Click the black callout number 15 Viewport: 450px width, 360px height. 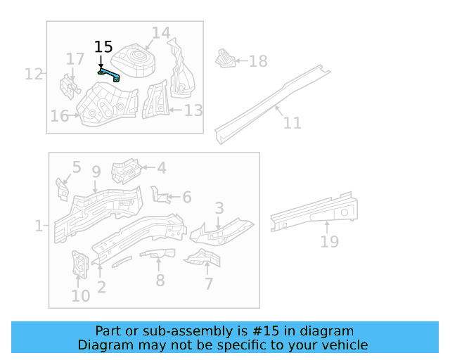103,47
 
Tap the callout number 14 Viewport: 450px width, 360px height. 161,32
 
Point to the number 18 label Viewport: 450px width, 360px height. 258,61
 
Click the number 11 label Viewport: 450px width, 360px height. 292,123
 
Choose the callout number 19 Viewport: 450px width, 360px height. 329,242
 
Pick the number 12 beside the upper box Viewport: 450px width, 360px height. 33,73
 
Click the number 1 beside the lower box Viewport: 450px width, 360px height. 38,226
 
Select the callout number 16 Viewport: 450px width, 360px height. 60,116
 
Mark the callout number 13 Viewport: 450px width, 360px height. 193,110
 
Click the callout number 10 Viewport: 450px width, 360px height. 80,295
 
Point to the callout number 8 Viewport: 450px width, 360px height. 160,280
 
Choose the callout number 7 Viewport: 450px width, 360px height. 209,283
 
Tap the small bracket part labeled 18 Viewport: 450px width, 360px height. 224,59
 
